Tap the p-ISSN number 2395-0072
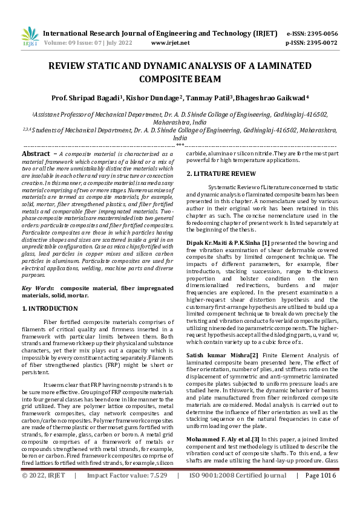tap(322, 43)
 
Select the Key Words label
tap(38, 289)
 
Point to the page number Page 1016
tap(321, 493)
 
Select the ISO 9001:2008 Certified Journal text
tap(238, 493)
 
